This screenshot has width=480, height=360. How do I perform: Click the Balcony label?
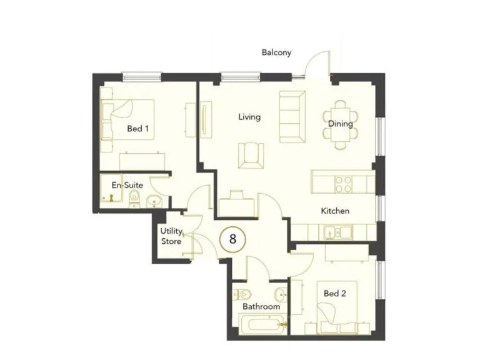coord(276,53)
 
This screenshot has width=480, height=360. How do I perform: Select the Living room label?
coord(249,117)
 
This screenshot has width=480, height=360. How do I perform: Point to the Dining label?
coord(341,124)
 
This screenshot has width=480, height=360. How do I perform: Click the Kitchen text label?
coord(335,211)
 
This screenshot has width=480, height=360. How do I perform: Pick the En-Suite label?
coord(127,185)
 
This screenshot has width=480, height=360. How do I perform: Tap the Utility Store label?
coord(171,236)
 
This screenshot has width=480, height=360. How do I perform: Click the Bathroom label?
coord(261,307)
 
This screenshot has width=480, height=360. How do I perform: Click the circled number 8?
coord(232,238)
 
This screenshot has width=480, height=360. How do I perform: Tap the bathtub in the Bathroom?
coord(260,324)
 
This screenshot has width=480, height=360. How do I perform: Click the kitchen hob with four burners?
coord(343,184)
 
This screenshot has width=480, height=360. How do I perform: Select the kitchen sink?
coord(337,232)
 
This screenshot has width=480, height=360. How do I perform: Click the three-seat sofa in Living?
coord(292,116)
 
